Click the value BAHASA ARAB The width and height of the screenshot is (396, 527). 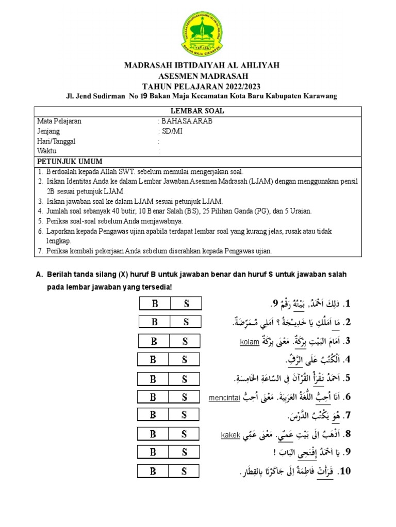coord(187,121)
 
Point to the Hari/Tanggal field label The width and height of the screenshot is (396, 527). coord(56,141)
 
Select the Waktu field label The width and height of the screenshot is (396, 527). coord(46,151)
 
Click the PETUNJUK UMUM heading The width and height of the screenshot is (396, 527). coord(70,161)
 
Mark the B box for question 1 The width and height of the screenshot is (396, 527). coord(155,303)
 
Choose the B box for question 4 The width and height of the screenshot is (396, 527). coord(153,360)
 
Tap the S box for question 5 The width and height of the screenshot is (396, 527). coord(185,379)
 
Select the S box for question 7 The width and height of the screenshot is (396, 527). coord(185,415)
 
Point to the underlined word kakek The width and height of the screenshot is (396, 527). coord(231,435)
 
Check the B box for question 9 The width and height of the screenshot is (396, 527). coord(153,452)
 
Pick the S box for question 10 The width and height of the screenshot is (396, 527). coord(185,470)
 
